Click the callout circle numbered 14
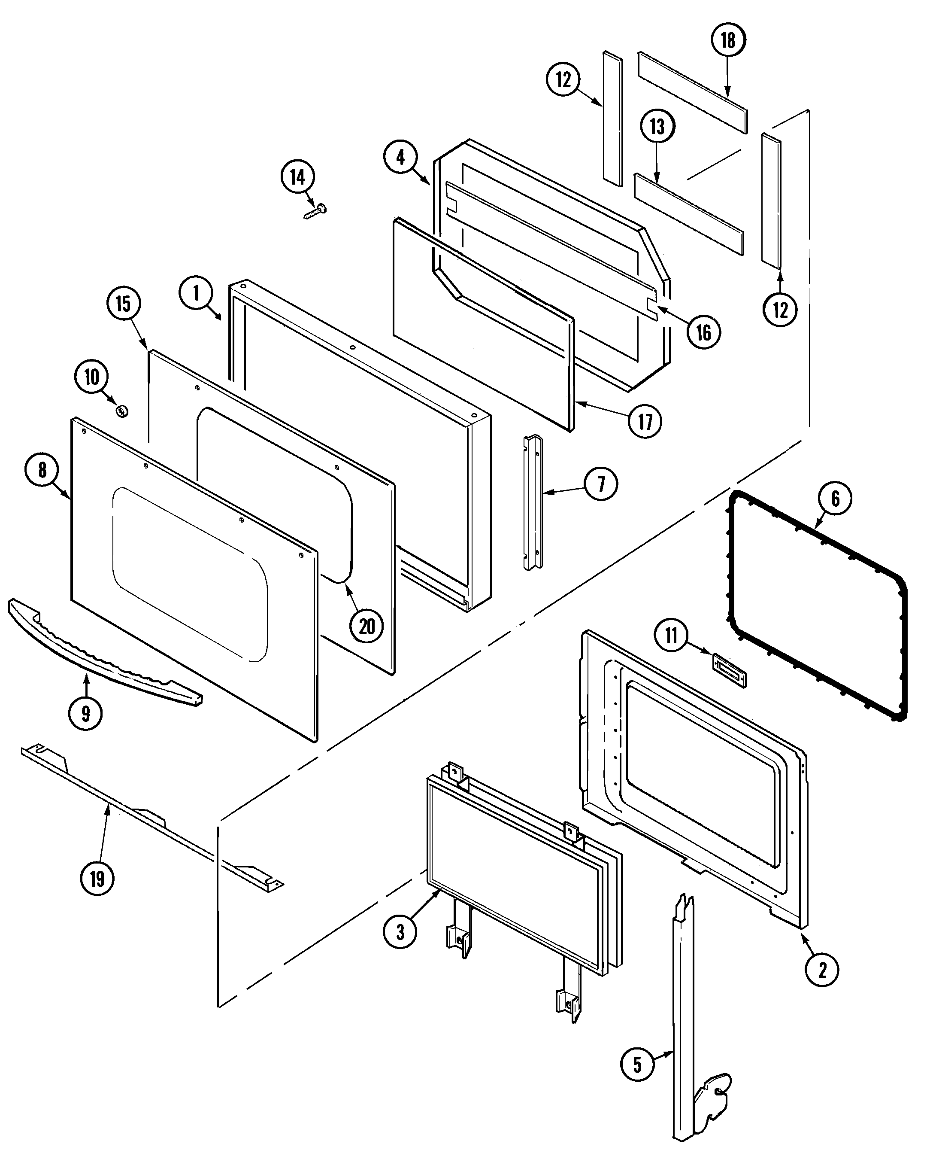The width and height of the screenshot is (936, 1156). tap(297, 177)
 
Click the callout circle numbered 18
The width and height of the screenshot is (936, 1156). tap(728, 40)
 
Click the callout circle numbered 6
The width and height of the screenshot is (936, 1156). tap(835, 499)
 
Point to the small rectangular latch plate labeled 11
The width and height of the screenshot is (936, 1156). tap(730, 671)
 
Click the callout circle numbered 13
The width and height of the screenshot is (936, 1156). tap(657, 127)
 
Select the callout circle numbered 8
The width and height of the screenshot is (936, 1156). tap(42, 470)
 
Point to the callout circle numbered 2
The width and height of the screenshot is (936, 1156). tap(822, 970)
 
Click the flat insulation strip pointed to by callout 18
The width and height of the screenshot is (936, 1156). tap(693, 93)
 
